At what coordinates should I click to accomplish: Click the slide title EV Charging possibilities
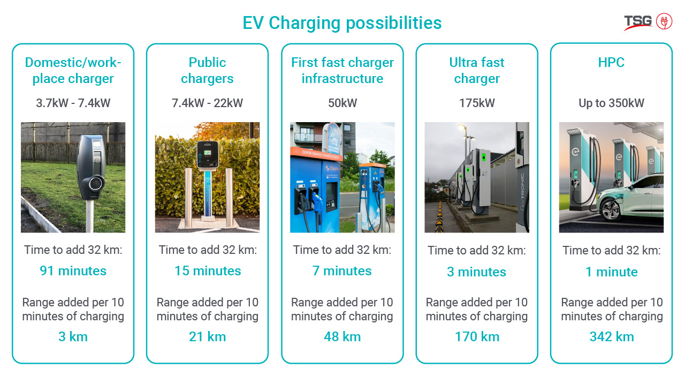tap(342, 23)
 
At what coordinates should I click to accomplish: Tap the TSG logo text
tap(638, 21)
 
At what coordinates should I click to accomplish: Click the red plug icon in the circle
tap(664, 21)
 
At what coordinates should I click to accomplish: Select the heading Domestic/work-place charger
tap(73, 70)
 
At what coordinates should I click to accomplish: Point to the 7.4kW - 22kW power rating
tap(207, 103)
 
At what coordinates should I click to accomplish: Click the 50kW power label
tap(342, 103)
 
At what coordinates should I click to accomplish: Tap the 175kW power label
tap(477, 103)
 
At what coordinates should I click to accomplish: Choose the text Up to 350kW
tap(611, 103)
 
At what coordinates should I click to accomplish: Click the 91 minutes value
tap(73, 271)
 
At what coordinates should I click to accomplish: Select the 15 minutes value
tap(208, 271)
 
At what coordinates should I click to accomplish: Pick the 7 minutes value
tap(342, 271)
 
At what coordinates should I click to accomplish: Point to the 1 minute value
tap(611, 272)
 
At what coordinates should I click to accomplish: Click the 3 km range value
tap(73, 337)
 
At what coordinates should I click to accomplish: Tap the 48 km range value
tap(342, 337)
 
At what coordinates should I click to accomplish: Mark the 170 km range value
tap(477, 337)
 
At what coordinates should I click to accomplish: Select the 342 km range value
tap(612, 337)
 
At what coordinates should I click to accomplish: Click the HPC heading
tap(611, 63)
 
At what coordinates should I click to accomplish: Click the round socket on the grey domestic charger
tap(96, 183)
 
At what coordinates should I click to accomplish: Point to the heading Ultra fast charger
tap(477, 70)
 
